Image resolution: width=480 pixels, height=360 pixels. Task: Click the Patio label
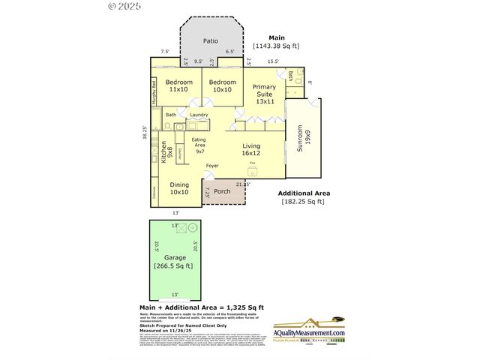click(212, 42)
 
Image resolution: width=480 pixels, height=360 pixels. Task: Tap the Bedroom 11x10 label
click(179, 85)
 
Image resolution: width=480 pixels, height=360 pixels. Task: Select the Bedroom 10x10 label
click(223, 85)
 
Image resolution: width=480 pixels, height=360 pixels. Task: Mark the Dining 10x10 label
click(178, 188)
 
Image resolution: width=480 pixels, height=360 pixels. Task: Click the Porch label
click(223, 191)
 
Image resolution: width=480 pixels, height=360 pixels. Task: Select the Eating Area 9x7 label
click(200, 145)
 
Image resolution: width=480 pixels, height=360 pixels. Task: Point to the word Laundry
click(199, 115)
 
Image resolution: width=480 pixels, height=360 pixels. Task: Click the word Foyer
click(212, 166)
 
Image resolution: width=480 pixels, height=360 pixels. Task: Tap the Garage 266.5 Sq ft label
click(174, 262)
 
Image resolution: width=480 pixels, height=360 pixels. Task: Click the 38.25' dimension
click(147, 133)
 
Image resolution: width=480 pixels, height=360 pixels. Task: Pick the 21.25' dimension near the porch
click(242, 183)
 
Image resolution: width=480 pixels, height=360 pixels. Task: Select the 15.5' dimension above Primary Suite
click(272, 61)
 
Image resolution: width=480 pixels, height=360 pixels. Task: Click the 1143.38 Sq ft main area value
click(276, 46)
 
